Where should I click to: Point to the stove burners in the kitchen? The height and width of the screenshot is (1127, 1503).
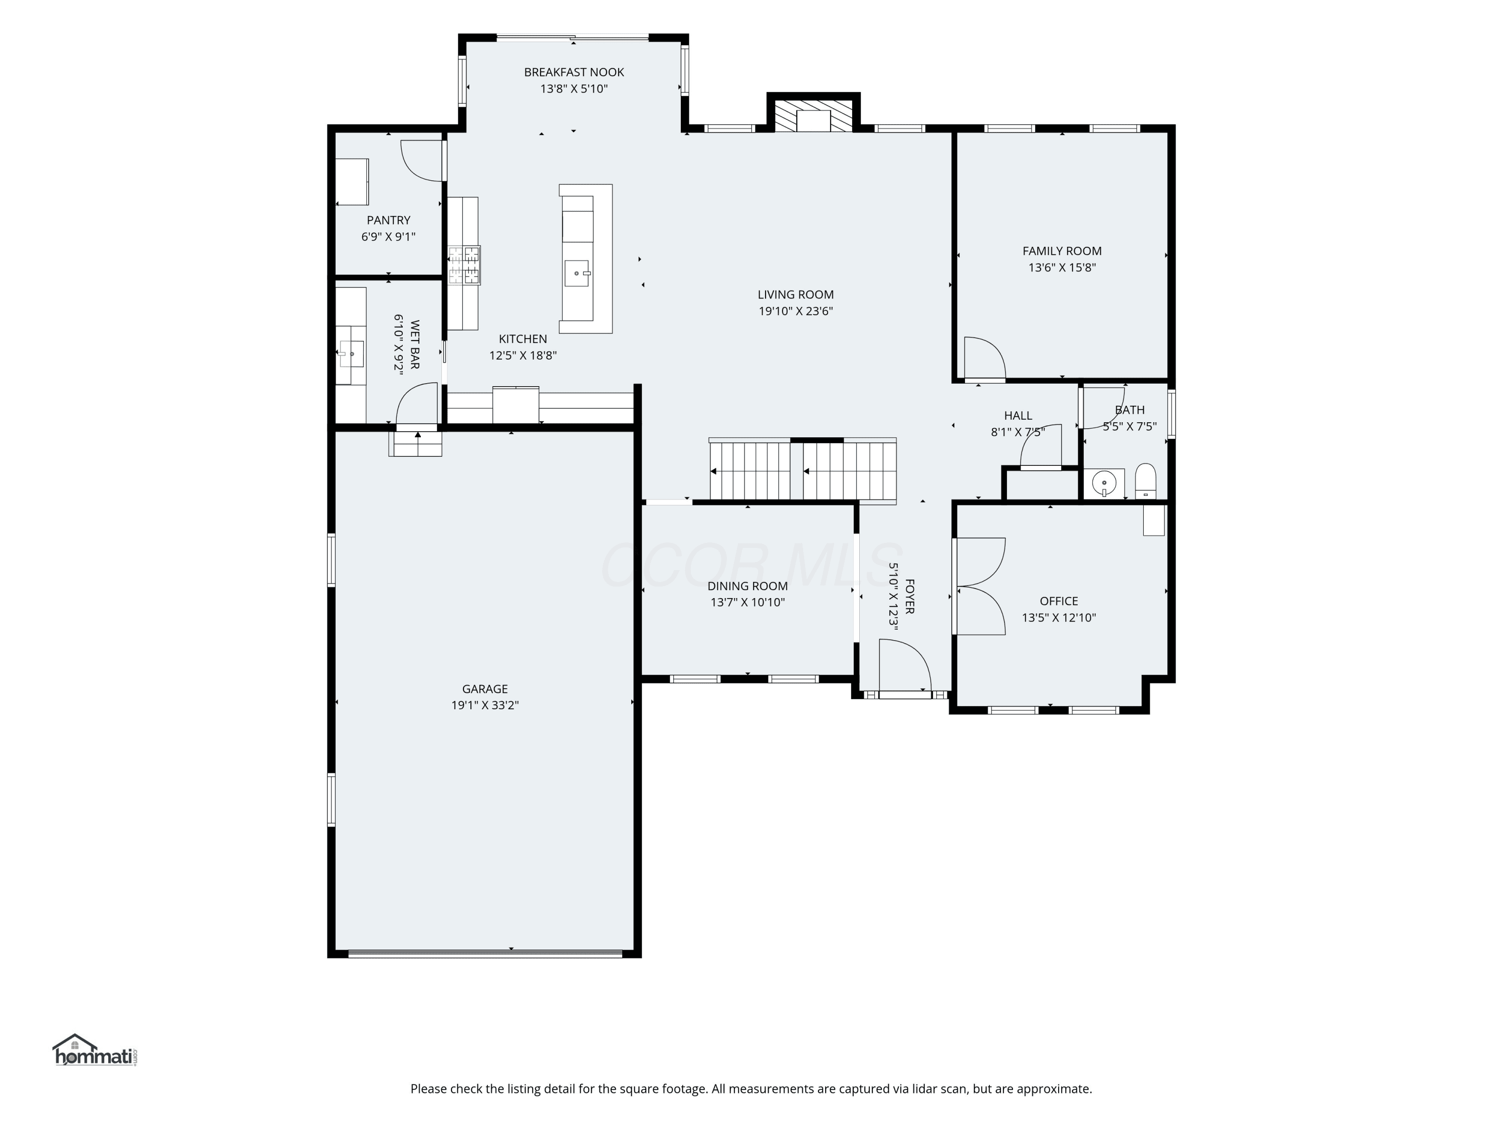point(464,265)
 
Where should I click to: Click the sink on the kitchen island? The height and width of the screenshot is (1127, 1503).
point(576,273)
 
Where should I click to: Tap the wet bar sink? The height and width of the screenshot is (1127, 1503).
point(351,354)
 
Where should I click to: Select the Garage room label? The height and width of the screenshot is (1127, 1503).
point(485,689)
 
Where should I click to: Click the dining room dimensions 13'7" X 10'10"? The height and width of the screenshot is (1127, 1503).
point(748,603)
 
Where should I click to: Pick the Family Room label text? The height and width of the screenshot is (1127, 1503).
point(1062,250)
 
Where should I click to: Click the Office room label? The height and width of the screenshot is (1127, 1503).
point(1059,601)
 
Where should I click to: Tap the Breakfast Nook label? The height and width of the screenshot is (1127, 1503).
point(574,72)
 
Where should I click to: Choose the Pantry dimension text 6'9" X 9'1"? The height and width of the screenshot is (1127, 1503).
point(389,237)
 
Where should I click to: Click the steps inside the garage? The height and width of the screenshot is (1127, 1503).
point(415,444)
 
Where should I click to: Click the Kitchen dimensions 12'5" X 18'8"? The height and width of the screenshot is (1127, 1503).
point(523,355)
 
